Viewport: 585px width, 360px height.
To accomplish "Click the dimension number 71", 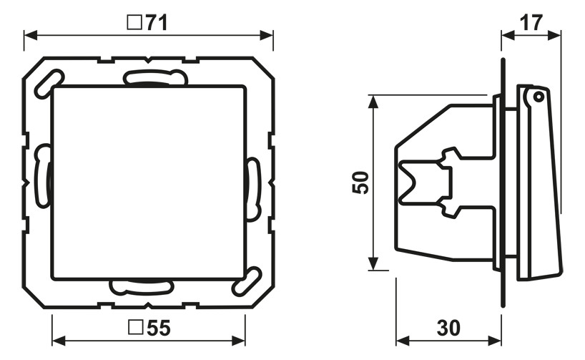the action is coord(157,23).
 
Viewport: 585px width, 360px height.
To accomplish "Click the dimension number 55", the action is coord(159,328).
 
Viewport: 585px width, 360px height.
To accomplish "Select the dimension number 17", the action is coord(531,23).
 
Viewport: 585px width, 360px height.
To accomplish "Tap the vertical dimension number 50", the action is coord(360,183).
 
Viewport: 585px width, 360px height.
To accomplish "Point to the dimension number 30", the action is coord(449,328).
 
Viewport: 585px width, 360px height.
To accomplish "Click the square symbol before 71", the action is coord(134,22).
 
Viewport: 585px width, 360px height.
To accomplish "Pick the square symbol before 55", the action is coord(136,327).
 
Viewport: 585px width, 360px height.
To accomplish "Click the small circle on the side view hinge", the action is coord(537,97).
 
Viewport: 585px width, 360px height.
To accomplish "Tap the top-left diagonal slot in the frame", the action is coord(49,84).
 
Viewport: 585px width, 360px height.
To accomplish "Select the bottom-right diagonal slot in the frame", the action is coord(247,281).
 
